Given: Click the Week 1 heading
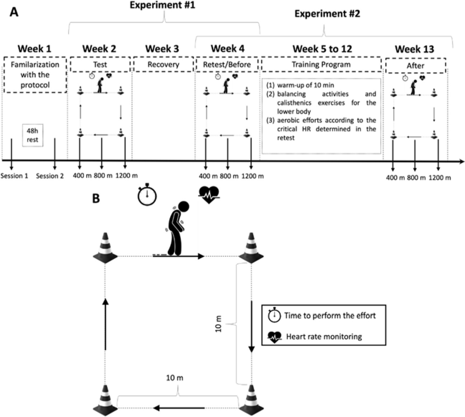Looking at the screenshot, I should point(34,48).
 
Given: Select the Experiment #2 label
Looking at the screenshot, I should point(327,14).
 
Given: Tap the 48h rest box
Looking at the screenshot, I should point(32,135).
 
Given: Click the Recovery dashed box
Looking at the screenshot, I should point(163,65).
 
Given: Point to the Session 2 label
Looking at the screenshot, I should point(50,176).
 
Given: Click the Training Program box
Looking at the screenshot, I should point(321,65).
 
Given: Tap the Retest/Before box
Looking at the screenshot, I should point(227,65).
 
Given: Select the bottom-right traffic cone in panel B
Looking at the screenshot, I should point(251,398).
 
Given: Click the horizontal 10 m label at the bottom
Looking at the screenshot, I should point(175,378).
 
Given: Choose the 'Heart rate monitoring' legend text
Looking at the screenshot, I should point(324,337).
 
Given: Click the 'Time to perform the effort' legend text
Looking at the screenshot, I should point(330,316).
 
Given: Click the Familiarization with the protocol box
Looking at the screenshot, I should point(35,75).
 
